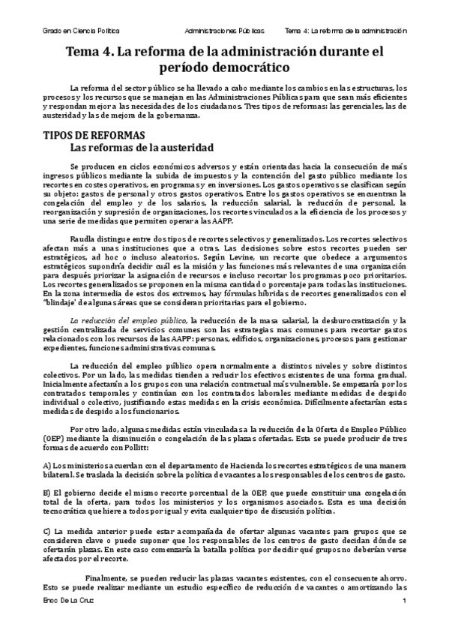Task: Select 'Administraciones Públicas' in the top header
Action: point(224,31)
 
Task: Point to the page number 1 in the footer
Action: point(404,603)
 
